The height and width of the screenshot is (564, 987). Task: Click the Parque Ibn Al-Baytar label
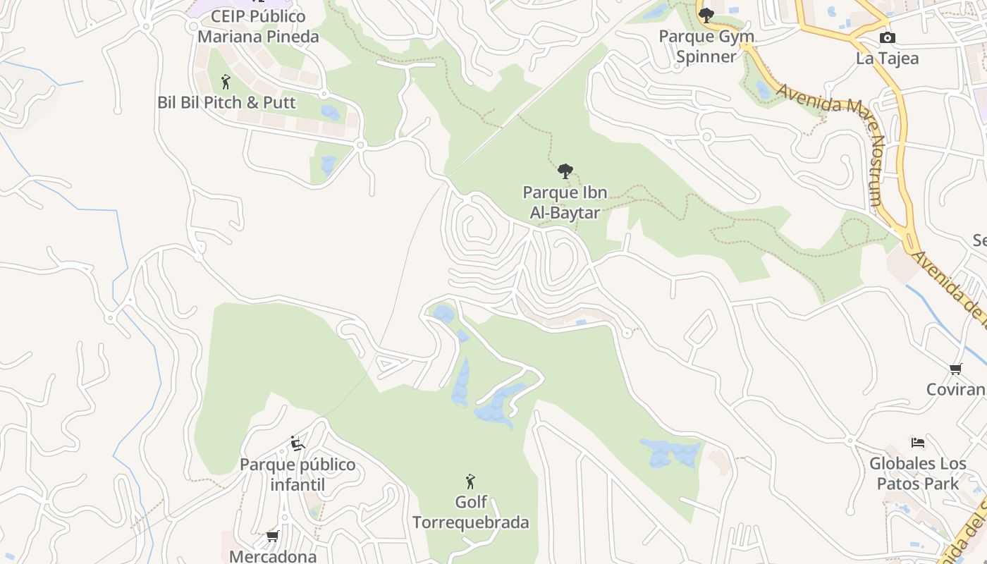coord(565,202)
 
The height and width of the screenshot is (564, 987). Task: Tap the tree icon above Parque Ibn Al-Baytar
coord(565,171)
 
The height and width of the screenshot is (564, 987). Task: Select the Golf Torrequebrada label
coord(470,513)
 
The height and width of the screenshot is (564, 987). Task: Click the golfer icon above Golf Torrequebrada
coord(470,482)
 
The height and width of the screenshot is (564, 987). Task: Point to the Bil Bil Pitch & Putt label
coord(226,102)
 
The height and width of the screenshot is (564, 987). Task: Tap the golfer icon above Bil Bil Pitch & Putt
coord(226,82)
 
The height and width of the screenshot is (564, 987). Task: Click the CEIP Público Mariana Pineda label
coord(258,26)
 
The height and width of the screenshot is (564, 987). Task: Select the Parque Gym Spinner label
coord(706,47)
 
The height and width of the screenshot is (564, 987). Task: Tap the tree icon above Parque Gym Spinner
coord(706,15)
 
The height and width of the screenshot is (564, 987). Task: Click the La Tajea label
coord(887,59)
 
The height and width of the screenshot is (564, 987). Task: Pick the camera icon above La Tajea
coord(888,37)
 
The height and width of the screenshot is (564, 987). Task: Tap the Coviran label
coord(955,390)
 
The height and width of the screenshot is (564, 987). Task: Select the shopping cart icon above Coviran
coord(956,369)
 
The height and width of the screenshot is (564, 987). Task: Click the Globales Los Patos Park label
coord(918,474)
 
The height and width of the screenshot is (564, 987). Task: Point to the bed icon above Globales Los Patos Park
coord(917,443)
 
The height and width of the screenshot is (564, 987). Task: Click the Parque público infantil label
coord(298,474)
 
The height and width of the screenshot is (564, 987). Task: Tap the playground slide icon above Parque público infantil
coord(298,443)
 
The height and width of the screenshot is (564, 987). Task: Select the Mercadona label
coord(273,556)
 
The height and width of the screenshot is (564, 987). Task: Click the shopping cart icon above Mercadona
coord(273,537)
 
